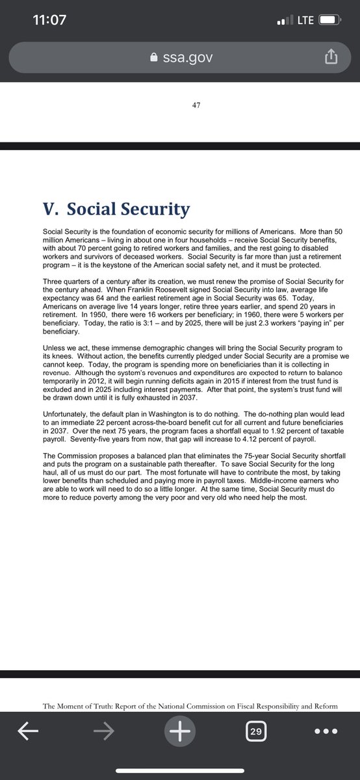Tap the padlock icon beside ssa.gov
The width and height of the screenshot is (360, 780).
click(154, 58)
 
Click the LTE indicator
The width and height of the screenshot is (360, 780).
click(305, 20)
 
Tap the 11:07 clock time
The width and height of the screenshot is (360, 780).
click(49, 19)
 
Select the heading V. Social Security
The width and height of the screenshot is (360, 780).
click(116, 209)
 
